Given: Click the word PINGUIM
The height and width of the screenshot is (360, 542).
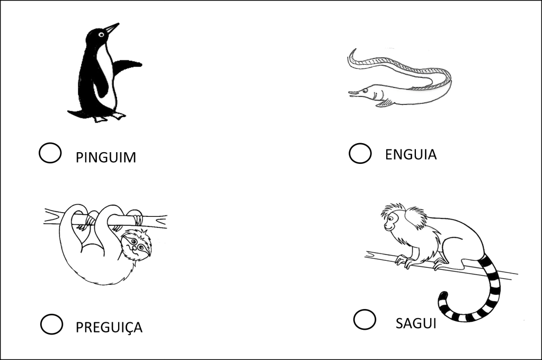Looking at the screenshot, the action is tap(106, 157).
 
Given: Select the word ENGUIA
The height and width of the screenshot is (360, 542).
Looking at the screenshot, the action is tap(411, 154).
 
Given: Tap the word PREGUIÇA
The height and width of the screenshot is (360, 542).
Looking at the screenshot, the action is tap(109, 328).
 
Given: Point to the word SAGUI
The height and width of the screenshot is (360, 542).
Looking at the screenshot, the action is tap(416, 323).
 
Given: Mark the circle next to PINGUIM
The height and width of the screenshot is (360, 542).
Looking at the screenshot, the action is tap(50, 153).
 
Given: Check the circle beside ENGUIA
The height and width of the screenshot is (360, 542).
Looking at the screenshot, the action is tap(360, 153).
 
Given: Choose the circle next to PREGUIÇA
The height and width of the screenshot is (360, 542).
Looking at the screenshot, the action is tap(51, 324).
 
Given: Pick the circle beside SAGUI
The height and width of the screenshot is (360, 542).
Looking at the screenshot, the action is tap(365, 319).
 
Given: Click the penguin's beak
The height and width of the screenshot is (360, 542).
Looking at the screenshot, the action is tap(112, 28).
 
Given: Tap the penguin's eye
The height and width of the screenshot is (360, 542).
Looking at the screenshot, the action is tap(101, 34).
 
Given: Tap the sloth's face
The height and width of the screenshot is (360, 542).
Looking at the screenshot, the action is tap(137, 244).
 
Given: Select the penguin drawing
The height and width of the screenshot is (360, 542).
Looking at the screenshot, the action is tap(105, 73).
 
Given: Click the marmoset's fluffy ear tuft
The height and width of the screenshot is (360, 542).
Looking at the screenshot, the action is tap(416, 217).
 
